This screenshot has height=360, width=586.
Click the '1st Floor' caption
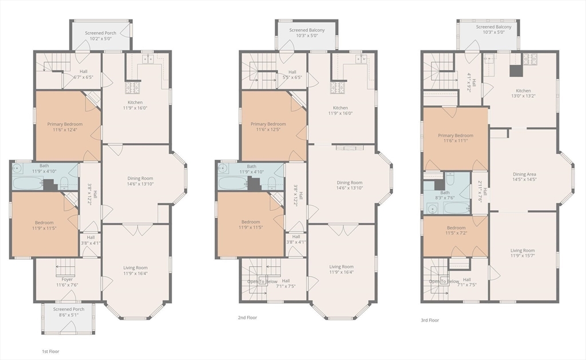click(x=50, y=351)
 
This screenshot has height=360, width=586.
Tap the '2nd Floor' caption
click(x=247, y=318)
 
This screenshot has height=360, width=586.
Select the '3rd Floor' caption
click(x=430, y=321)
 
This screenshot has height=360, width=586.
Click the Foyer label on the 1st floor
click(x=68, y=279)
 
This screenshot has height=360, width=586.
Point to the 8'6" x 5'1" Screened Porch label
click(x=69, y=312)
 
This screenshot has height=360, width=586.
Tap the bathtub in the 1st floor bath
click(x=28, y=183)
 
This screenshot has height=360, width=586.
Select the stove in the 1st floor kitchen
click(x=132, y=88)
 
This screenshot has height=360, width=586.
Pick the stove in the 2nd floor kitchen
click(x=337, y=88)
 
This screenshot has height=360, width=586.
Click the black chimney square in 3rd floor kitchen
click(x=517, y=71)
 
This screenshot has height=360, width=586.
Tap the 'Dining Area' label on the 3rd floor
click(x=524, y=174)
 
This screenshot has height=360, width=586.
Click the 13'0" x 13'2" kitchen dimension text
click(x=523, y=96)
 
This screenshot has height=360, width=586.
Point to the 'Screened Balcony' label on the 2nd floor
click(x=307, y=30)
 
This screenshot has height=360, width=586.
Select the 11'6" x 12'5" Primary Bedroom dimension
click(x=268, y=130)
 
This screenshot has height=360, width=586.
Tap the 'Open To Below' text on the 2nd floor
click(x=262, y=282)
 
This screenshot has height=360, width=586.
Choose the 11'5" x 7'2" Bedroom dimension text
click(x=456, y=234)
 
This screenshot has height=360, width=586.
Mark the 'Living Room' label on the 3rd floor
click(x=522, y=251)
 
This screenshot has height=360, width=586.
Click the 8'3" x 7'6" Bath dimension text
click(x=445, y=198)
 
